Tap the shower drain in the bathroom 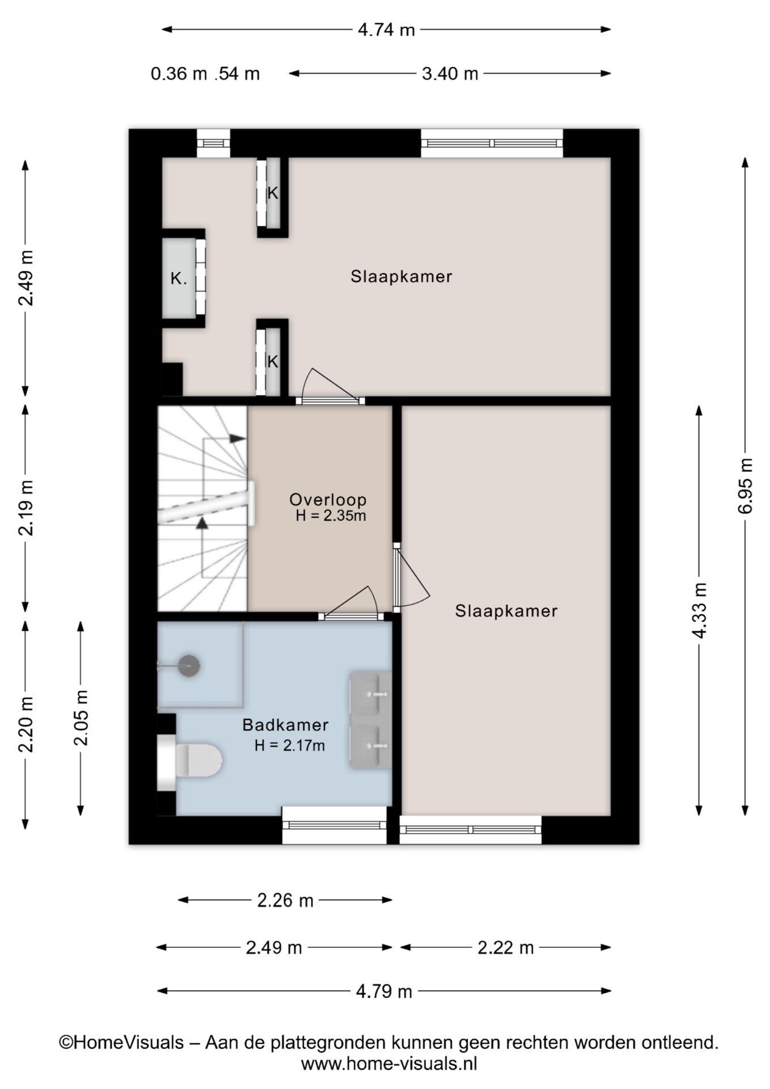(x=189, y=665)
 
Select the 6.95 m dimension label (x=746, y=486)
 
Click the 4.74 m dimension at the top (x=386, y=29)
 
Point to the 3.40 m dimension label (x=450, y=74)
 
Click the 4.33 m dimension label (x=699, y=610)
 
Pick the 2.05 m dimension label (x=81, y=718)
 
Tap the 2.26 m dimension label (x=285, y=900)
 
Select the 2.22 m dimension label (x=505, y=948)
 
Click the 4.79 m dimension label (x=384, y=991)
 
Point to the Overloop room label (x=328, y=500)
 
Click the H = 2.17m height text (x=290, y=745)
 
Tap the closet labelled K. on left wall (x=179, y=278)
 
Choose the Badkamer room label (x=285, y=725)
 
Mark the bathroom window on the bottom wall (x=335, y=825)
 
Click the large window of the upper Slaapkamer (x=492, y=143)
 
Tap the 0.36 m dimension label (x=179, y=74)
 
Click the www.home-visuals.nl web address (x=389, y=1063)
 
